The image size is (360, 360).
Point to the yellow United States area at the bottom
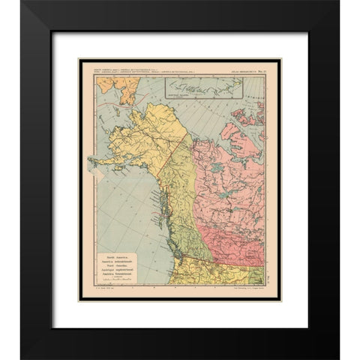pos(210,274)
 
